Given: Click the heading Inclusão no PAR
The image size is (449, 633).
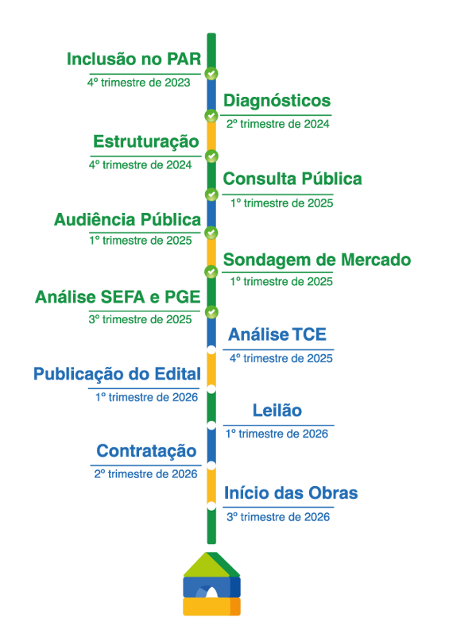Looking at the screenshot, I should click(133, 60).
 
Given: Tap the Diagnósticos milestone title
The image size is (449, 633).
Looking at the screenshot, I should click(277, 101).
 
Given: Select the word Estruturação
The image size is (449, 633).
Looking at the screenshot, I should click(145, 142).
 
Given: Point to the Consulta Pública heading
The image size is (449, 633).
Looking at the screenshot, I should click(292, 179).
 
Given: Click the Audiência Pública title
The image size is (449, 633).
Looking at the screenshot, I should click(126, 219).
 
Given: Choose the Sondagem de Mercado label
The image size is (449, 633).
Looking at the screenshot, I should click(316, 260).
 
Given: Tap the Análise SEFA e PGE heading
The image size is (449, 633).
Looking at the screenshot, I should click(116, 298).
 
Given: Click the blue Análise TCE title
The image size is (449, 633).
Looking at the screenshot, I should click(277, 334).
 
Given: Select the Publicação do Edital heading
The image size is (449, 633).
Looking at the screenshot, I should click(116, 374).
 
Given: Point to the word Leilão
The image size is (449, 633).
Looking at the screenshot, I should click(277, 411).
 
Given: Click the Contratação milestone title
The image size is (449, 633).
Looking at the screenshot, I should click(146, 451).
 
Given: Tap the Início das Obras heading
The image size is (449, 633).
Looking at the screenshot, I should click(291, 493).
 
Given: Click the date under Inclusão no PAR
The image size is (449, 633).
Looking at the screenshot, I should click(139, 82).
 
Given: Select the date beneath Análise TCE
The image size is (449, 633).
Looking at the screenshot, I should click(279, 358).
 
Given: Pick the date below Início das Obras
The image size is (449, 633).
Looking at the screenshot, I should click(278, 516).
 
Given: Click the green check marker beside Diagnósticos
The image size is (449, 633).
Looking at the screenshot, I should click(211, 116).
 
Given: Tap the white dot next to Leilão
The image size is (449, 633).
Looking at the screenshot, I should click(211, 426).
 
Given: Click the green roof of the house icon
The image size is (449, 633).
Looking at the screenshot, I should click(211, 563).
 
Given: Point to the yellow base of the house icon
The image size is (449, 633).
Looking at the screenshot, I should click(211, 608).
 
